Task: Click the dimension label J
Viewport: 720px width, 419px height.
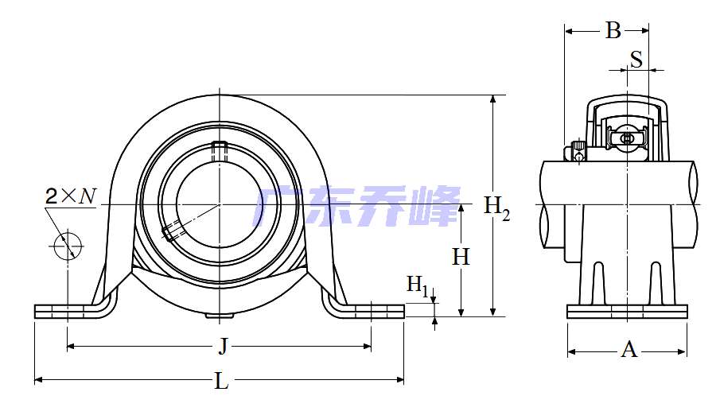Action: coord(223,346)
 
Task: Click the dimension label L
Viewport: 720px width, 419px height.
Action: coord(221,381)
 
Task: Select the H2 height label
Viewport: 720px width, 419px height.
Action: coord(496,207)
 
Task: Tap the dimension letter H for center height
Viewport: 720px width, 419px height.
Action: coord(461,257)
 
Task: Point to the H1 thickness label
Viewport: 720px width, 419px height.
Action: coord(418,285)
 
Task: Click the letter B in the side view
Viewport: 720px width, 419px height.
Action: coord(613,30)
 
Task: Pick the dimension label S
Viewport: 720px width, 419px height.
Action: coord(636,59)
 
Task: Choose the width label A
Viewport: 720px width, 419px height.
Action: coord(629,350)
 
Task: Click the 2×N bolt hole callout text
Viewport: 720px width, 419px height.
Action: coord(71,196)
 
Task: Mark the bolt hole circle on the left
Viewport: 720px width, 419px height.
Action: coord(68,246)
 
